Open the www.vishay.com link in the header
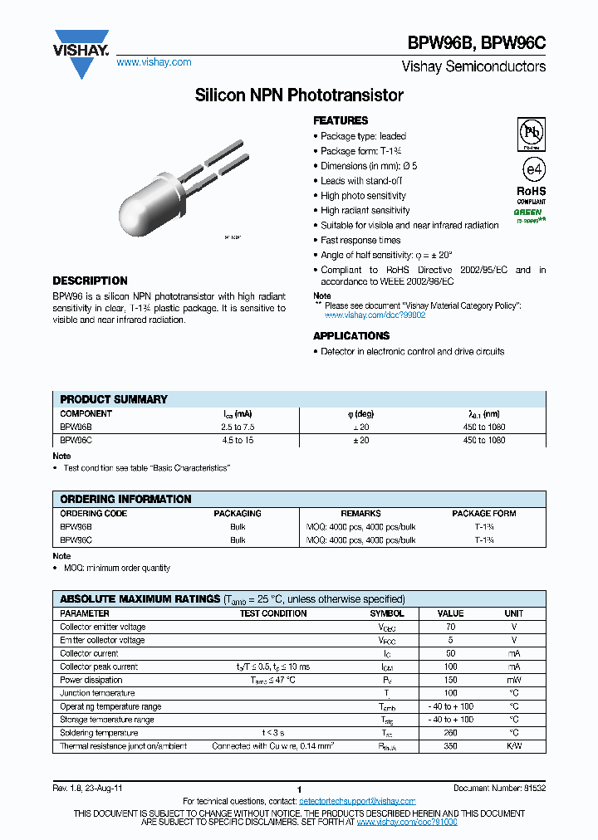point(154,62)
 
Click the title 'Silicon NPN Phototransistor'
point(299,95)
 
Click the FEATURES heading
point(341,120)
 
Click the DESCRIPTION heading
point(90,281)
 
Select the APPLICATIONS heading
point(350,335)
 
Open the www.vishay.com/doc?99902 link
point(375,315)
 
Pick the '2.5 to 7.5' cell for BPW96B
point(238,427)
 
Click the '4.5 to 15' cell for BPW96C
point(238,440)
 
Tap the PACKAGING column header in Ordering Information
point(238,513)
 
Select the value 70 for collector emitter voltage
point(450,627)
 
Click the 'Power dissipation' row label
point(91,680)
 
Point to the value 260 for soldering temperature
point(450,733)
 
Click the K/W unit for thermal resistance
point(514,746)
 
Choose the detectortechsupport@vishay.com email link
point(356,801)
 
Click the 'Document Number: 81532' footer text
point(499,788)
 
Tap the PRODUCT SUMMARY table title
point(114,399)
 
